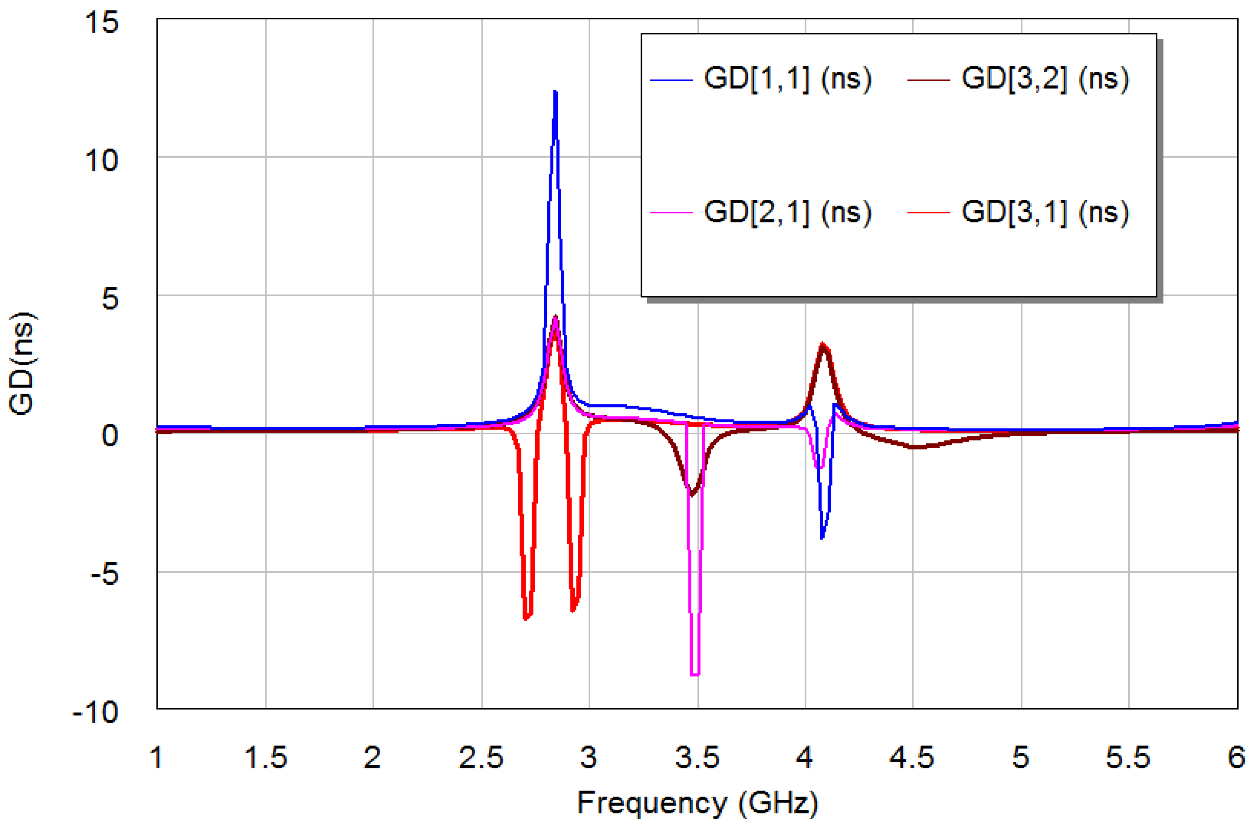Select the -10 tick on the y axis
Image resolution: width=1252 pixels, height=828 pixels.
pos(95,713)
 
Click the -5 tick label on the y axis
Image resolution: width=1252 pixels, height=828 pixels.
pos(104,574)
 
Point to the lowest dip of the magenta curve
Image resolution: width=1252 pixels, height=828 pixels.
pos(695,674)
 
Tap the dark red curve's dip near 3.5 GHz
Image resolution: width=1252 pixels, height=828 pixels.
pos(691,494)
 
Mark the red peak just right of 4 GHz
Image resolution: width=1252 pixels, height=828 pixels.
pos(823,344)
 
